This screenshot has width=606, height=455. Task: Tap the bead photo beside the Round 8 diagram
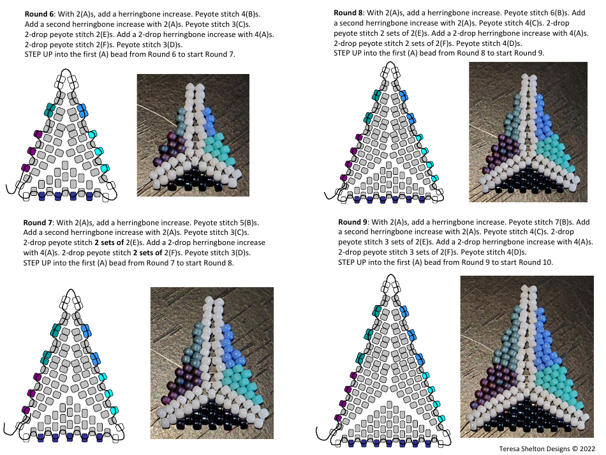click(528, 131)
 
